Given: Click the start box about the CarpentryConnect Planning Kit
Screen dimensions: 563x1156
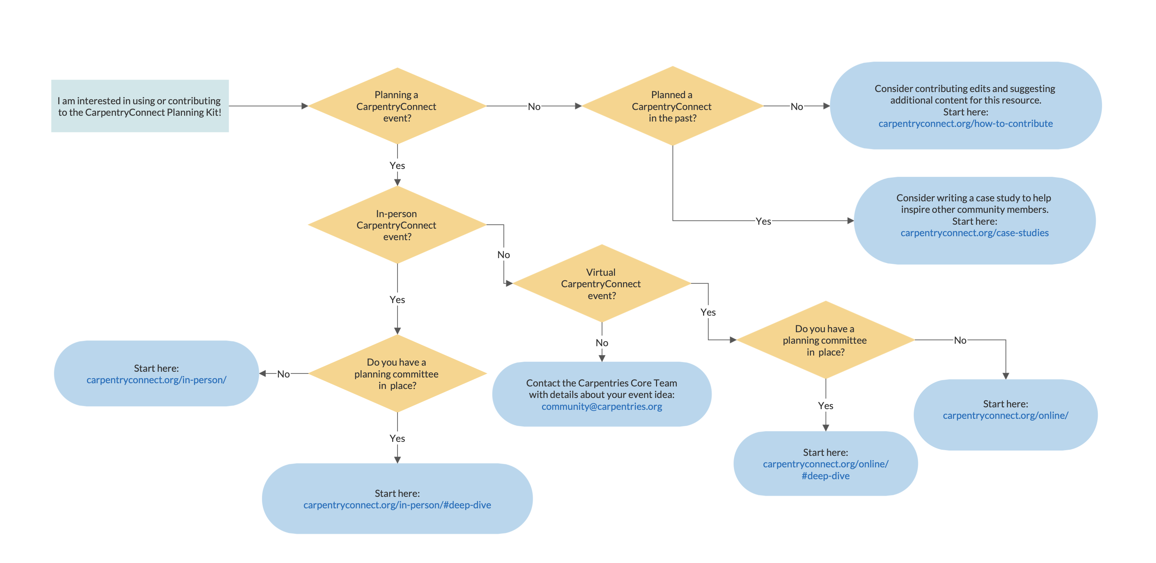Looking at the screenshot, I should pos(139,106).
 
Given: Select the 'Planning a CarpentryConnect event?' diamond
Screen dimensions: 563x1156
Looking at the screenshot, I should pos(397,106).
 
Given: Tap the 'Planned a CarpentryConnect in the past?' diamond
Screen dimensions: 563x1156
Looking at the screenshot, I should pos(672,106).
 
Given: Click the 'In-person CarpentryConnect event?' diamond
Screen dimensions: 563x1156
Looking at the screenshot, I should pos(397,225).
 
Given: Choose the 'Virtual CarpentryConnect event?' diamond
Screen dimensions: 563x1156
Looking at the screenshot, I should pos(601,284).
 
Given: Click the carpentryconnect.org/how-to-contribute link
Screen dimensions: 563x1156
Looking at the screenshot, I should pos(965,123).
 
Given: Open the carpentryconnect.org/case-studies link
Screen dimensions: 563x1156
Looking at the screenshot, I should pos(974,233).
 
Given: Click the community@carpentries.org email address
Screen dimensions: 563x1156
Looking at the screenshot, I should pos(601,406).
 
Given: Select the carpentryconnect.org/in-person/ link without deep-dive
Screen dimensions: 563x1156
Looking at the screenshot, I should pos(156,380).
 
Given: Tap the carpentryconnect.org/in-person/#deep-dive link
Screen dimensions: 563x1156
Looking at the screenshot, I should pos(397,505).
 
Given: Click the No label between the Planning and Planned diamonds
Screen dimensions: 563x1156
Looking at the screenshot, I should pos(533,107).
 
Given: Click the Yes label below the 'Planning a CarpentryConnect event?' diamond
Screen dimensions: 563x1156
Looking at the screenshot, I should pos(397,166).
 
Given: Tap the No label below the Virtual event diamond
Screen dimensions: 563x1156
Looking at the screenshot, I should pos(602,343).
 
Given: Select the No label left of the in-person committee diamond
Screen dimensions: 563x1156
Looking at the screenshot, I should pos(283,374).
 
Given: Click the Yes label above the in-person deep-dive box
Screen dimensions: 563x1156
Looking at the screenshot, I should pos(397,438).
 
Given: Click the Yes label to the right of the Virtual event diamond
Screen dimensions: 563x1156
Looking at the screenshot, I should pos(708,312).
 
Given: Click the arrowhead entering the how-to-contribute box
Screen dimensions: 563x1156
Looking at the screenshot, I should pos(826,106).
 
